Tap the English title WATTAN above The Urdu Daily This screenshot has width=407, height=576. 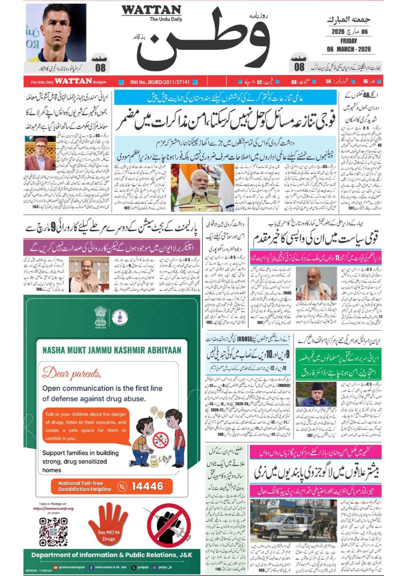click(151, 10)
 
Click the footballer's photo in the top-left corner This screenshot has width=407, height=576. click(56, 33)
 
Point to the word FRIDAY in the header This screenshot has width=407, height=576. click(348, 41)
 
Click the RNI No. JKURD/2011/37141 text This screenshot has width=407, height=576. click(160, 82)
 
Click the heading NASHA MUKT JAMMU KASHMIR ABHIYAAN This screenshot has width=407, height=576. click(112, 350)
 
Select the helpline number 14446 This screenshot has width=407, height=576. click(147, 487)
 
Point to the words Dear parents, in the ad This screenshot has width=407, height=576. click(71, 373)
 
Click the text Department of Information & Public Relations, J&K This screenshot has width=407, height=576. click(112, 555)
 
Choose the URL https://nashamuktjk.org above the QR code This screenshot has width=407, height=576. click(53, 508)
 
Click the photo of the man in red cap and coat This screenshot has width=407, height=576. click(40, 153)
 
